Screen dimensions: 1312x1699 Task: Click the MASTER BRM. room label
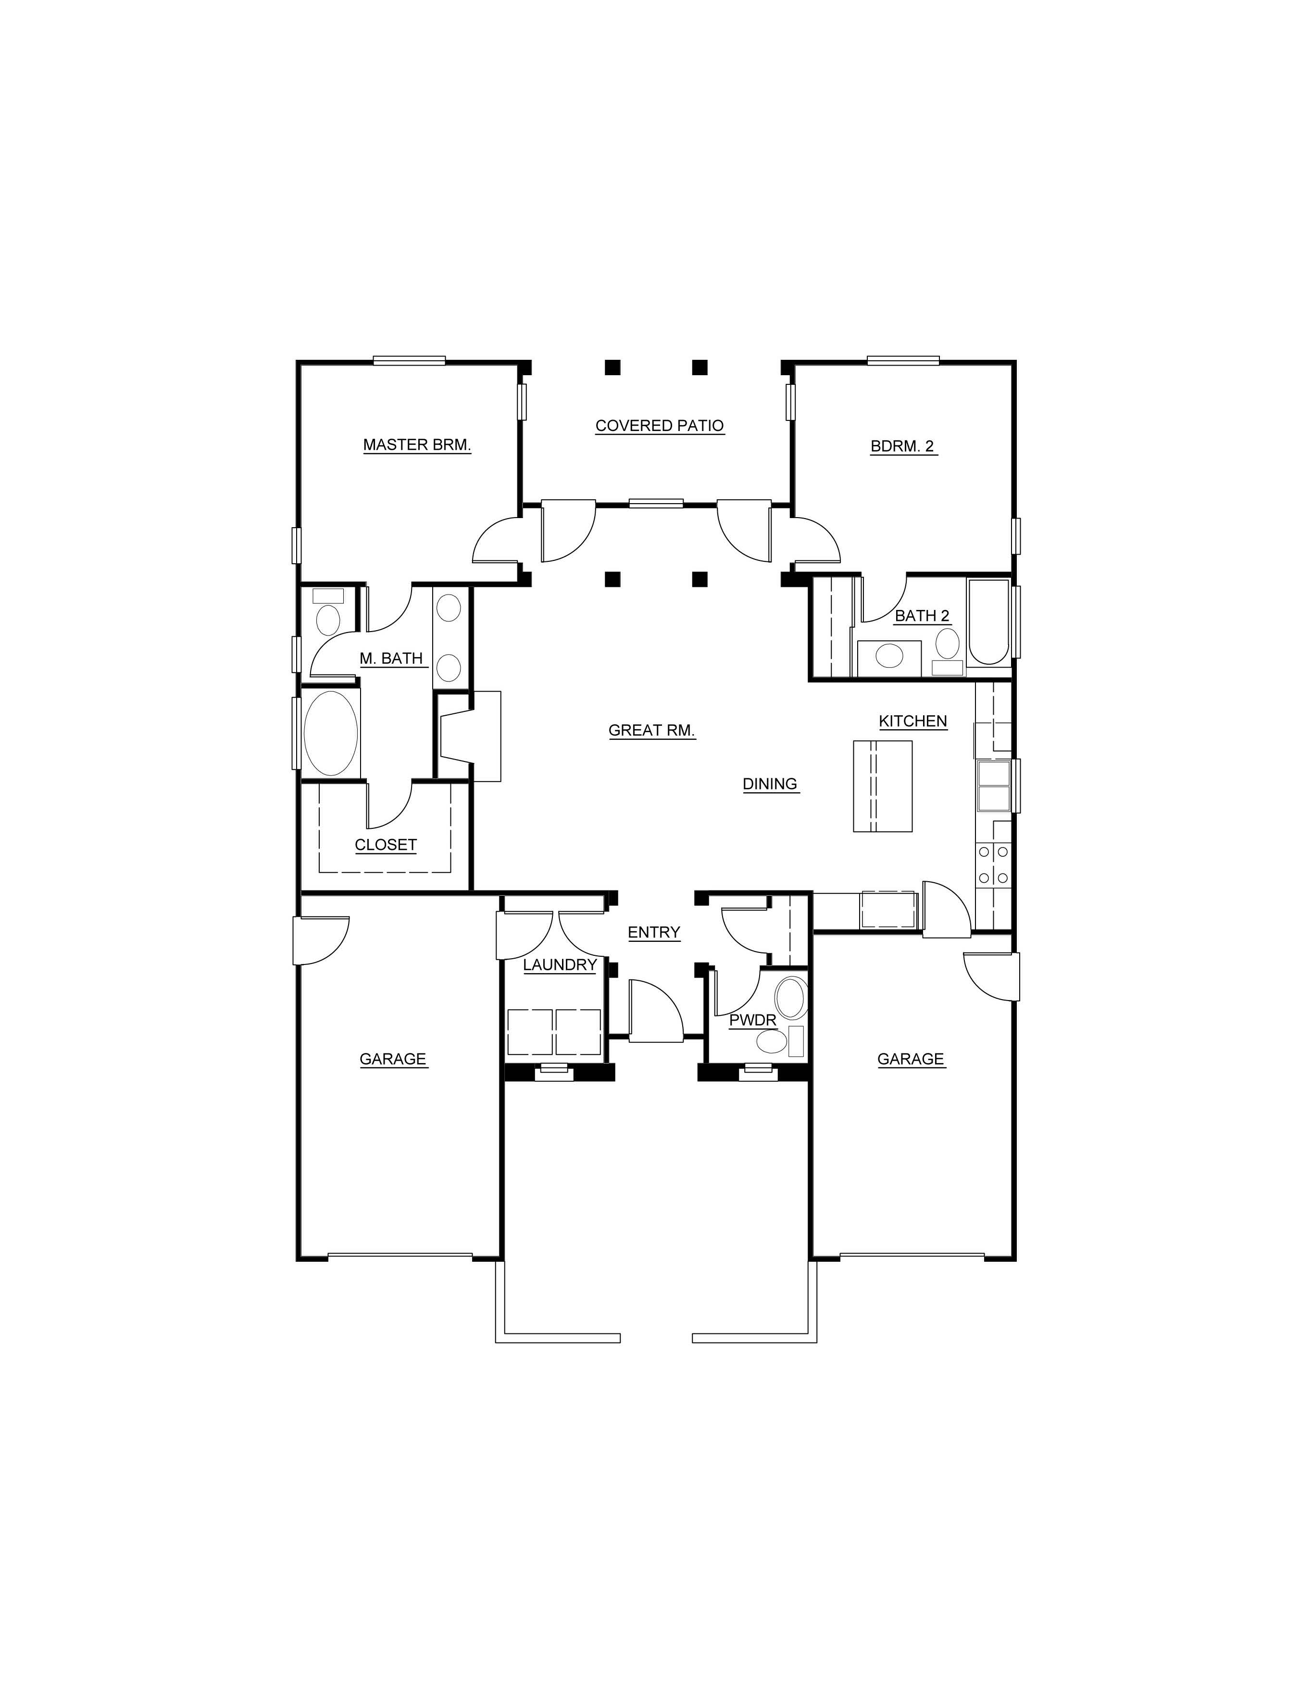(x=417, y=445)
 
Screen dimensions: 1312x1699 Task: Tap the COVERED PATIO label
(x=660, y=426)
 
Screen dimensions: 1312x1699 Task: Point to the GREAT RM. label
(x=652, y=731)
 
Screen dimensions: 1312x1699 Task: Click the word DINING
(x=770, y=784)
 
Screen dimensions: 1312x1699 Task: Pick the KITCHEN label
(x=913, y=721)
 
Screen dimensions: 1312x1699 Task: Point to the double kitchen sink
(x=994, y=786)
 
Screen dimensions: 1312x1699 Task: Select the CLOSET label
(x=386, y=845)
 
